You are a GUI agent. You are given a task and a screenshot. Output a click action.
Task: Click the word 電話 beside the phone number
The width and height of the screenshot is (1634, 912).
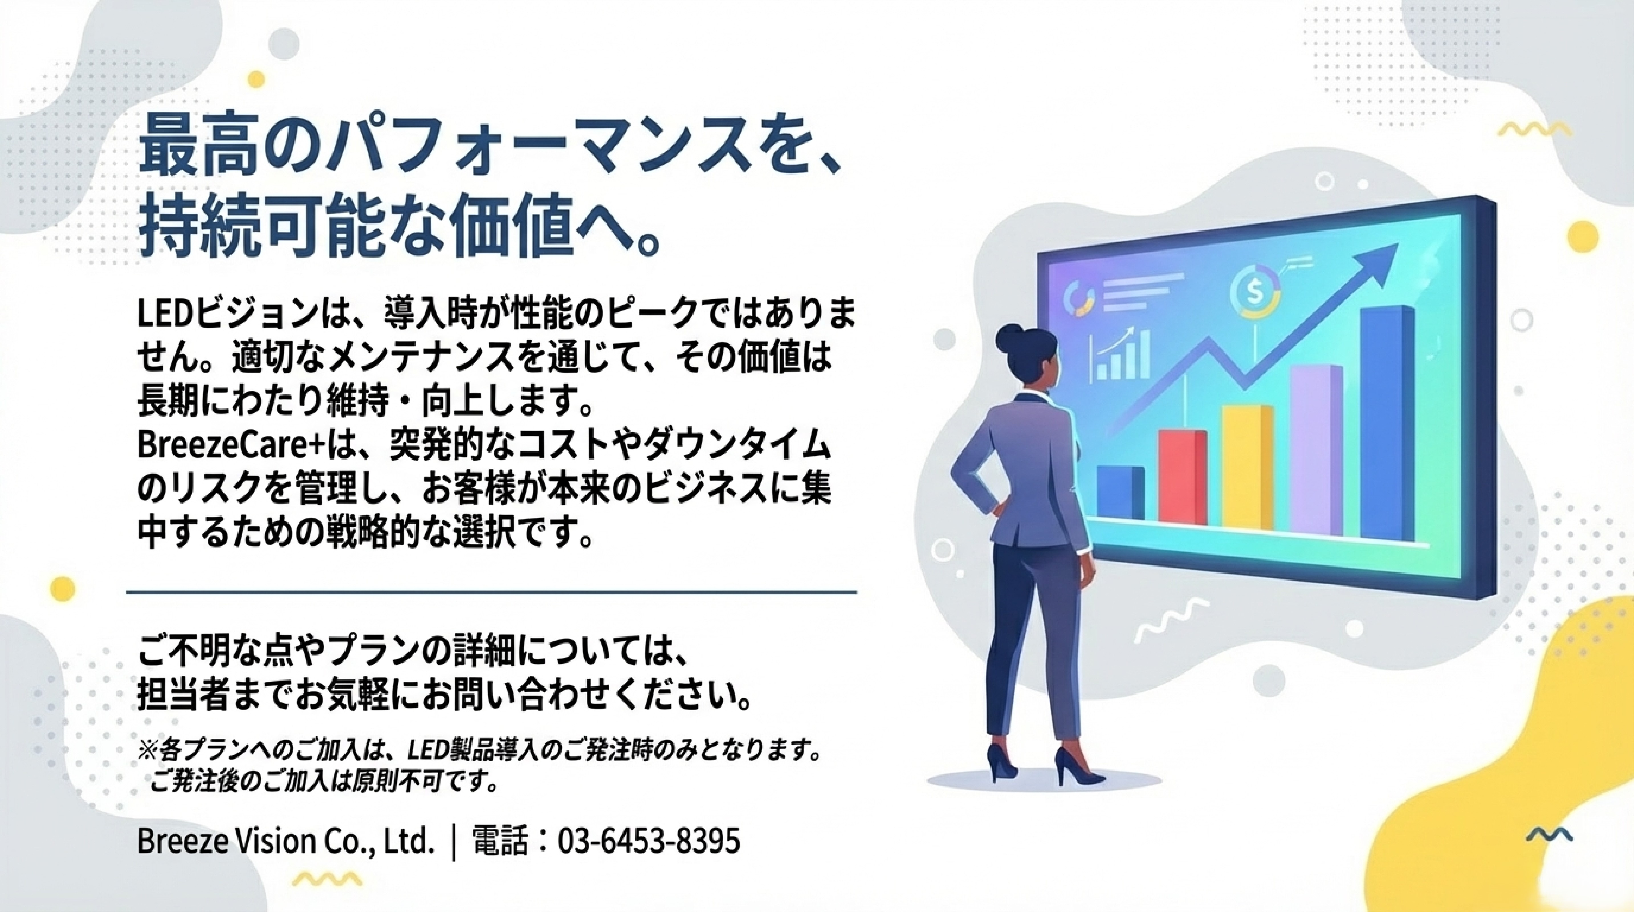point(500,842)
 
